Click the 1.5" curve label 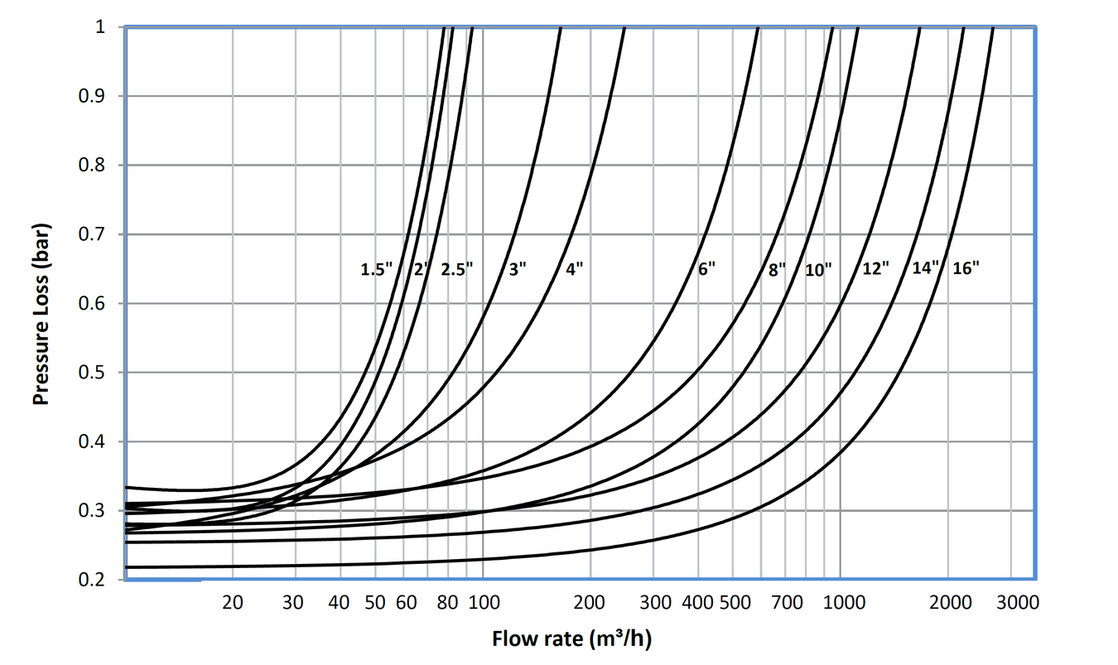coord(377,269)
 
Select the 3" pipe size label coord(517,269)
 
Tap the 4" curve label coord(575,269)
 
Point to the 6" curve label coord(706,269)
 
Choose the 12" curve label coord(875,269)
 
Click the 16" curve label coord(966,269)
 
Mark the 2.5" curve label coord(456,269)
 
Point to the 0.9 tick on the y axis coord(92,96)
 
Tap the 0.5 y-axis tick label coord(92,373)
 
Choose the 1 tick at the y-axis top coord(99,27)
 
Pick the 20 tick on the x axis coord(233,603)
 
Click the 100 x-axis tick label coord(483,603)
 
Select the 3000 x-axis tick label coord(1019,603)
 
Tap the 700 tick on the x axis coord(787,603)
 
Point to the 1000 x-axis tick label coord(844,603)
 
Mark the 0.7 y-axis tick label coord(92,234)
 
